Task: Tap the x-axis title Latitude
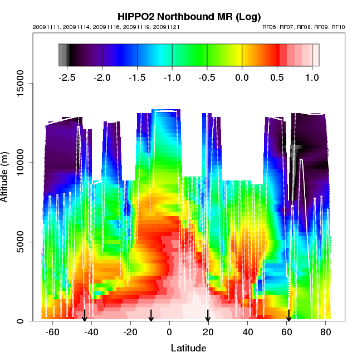click(188, 349)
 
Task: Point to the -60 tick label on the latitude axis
click(52, 332)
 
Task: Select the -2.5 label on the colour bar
click(67, 76)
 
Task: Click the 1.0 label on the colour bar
click(312, 76)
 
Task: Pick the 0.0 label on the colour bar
click(242, 76)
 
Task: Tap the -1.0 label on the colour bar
click(172, 76)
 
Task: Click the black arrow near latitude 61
click(288, 316)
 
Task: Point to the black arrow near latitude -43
click(85, 316)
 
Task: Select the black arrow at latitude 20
click(208, 316)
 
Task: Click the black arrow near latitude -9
click(151, 316)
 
